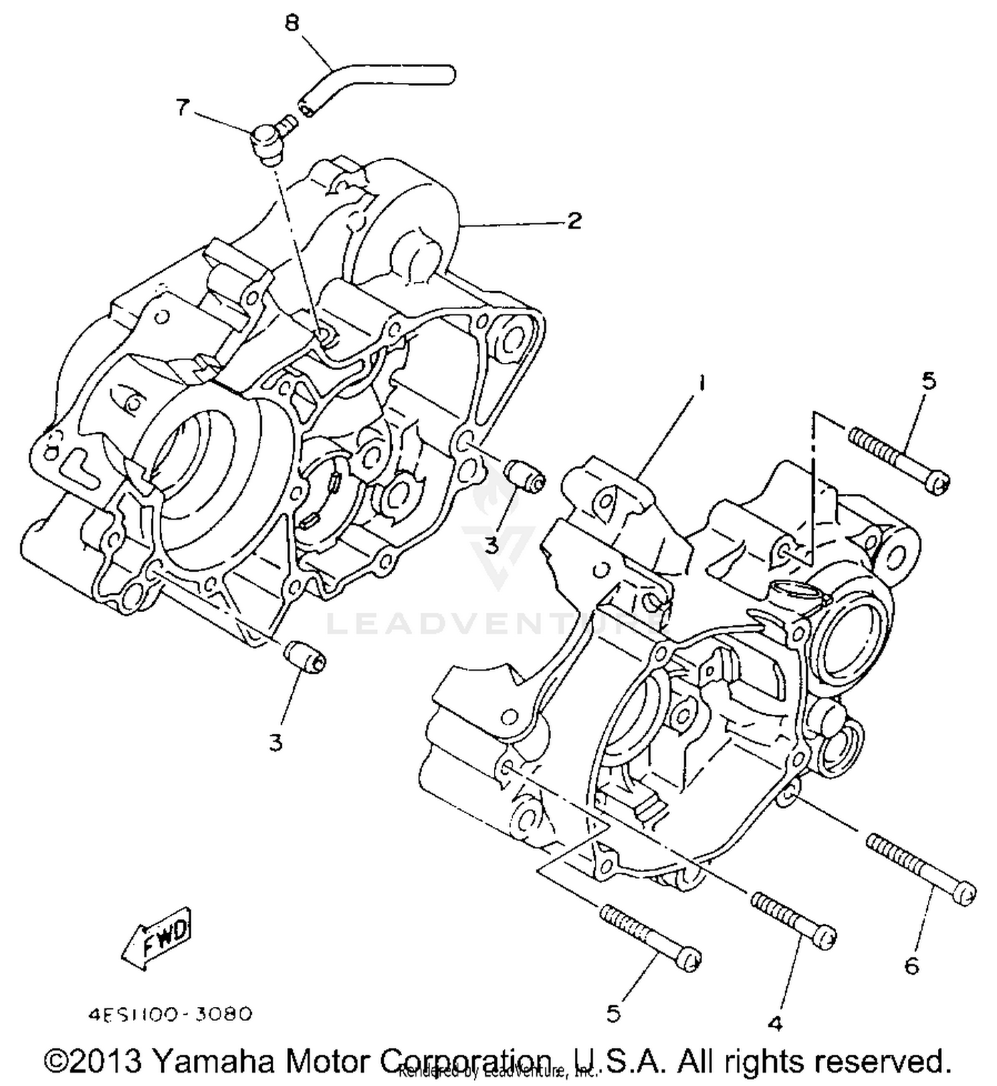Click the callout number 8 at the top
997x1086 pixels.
[292, 24]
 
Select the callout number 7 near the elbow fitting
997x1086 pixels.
[182, 107]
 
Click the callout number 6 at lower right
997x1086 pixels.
[911, 965]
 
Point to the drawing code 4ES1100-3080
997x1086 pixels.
[169, 1014]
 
